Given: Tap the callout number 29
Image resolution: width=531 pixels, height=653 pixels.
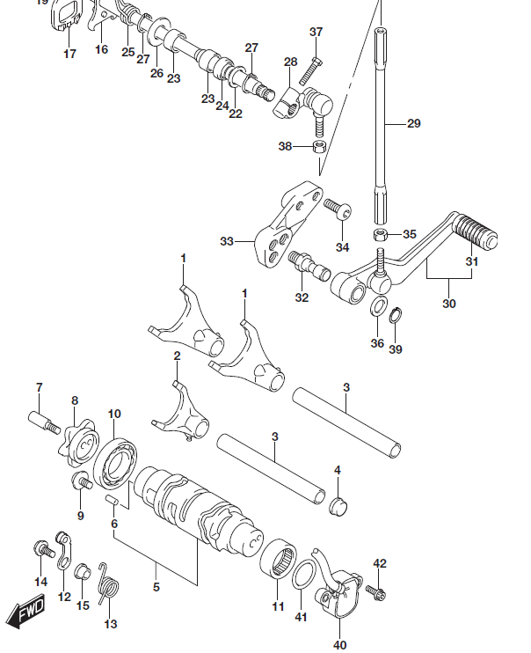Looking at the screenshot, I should coord(414,124).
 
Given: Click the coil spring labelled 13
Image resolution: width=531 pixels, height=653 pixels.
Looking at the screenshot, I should coord(108,583).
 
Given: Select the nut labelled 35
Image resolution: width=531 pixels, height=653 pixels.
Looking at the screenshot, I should coord(381,234).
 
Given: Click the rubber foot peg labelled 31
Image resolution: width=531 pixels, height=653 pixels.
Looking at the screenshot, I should coord(476,236).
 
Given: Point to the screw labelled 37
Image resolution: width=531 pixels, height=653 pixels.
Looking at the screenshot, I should coord(314,66).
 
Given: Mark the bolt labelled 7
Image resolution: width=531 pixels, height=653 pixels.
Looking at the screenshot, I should coord(46,423).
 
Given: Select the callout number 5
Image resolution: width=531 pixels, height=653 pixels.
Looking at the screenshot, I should coord(156,587).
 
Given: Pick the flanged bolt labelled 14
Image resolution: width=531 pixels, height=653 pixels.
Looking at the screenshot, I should coord(40,549).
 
